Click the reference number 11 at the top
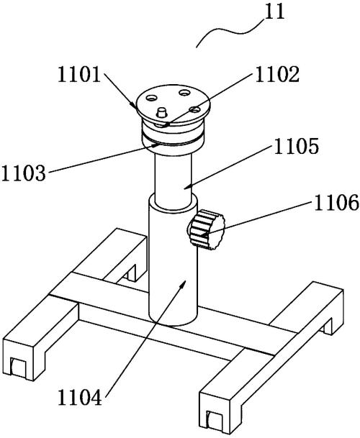275,12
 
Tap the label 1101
79,75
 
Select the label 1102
277,75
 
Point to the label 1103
23,173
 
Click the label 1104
80,398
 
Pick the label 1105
296,147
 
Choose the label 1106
336,202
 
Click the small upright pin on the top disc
161,112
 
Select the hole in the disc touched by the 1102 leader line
194,109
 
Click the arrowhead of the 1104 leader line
182,286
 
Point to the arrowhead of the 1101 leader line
134,106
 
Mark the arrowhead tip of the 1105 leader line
185,188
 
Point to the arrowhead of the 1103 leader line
155,145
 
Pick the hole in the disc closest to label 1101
151,98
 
